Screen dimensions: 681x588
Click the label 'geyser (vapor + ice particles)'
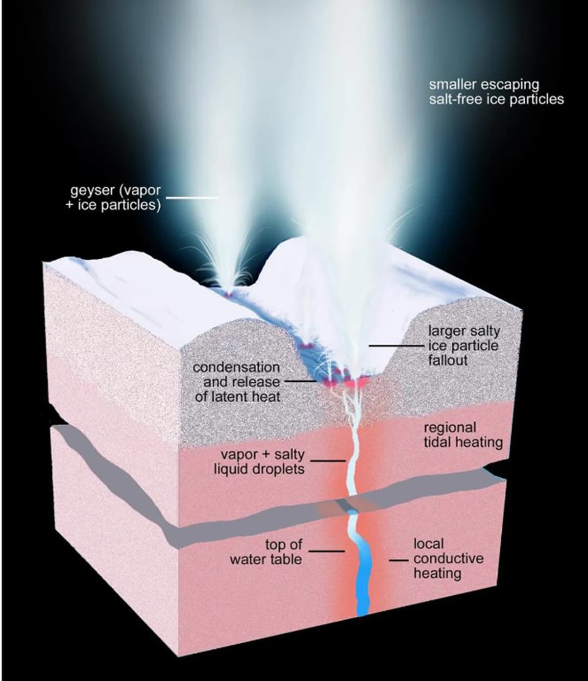[x=113, y=197]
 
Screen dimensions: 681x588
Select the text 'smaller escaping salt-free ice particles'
[x=496, y=92]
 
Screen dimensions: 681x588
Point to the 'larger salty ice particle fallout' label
[x=464, y=346]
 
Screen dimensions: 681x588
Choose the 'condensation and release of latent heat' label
[x=237, y=382]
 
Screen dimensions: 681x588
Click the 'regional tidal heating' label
[x=463, y=435]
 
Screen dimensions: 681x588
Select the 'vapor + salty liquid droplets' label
[x=259, y=462]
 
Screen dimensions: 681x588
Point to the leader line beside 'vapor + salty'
[x=328, y=461]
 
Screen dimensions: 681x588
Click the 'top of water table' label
[x=266, y=552]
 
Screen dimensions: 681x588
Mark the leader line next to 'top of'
[x=326, y=551]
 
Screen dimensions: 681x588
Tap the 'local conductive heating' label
[x=448, y=559]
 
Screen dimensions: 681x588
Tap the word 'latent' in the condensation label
[x=232, y=396]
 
